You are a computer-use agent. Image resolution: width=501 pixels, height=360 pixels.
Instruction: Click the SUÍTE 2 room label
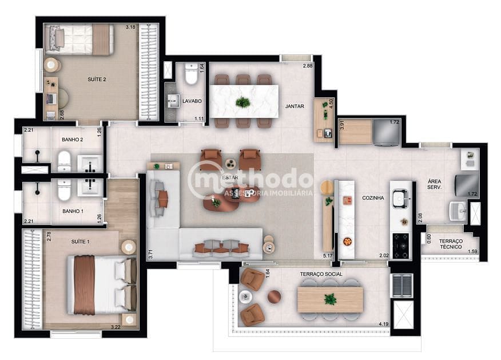pyautogui.click(x=96, y=80)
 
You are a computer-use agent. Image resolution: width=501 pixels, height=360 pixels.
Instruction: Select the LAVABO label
pyautogui.click(x=192, y=101)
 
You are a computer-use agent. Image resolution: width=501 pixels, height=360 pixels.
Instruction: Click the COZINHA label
pyautogui.click(x=373, y=198)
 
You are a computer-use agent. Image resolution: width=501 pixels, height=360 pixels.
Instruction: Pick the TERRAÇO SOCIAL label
pyautogui.click(x=321, y=274)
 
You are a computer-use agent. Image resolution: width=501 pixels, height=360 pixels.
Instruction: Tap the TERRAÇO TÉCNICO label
pyautogui.click(x=451, y=245)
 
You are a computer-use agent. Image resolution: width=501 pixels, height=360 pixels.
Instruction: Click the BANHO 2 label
pyautogui.click(x=73, y=140)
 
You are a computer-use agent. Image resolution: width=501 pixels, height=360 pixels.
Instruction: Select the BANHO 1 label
pyautogui.click(x=73, y=211)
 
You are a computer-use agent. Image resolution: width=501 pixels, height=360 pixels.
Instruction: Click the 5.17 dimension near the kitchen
pyautogui.click(x=328, y=256)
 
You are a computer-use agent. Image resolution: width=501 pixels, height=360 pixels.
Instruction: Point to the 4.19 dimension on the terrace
pyautogui.click(x=383, y=325)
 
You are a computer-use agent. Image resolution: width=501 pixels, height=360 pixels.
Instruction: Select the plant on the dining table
pyautogui.click(x=243, y=102)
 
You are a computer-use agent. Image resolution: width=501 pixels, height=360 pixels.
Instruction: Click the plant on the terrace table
pyautogui.click(x=330, y=299)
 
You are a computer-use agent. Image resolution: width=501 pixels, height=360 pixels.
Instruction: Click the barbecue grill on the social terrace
pyautogui.click(x=401, y=285)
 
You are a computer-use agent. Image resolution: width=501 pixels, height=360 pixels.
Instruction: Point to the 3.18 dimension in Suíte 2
pyautogui.click(x=130, y=27)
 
